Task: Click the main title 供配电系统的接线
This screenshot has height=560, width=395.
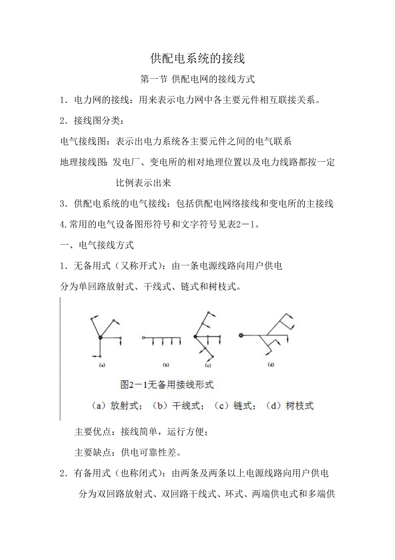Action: (x=197, y=58)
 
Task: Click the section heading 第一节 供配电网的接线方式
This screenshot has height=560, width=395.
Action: (x=197, y=79)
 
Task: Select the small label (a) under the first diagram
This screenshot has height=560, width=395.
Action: (x=102, y=365)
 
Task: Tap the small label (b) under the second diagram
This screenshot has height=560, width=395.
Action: (x=166, y=365)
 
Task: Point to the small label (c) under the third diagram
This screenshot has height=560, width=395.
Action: (x=208, y=365)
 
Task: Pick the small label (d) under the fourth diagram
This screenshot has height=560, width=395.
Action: (x=270, y=365)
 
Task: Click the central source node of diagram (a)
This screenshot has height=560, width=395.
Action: (x=100, y=337)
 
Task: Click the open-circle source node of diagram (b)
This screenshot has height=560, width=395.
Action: (x=143, y=338)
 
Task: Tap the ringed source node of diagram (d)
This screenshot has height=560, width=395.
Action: (x=240, y=335)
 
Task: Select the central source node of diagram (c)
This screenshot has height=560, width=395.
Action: (x=195, y=336)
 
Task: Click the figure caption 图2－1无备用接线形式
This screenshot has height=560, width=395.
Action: (x=167, y=385)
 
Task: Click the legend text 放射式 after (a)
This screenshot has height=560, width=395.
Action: (x=125, y=406)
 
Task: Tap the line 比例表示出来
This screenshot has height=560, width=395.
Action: (x=144, y=183)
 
